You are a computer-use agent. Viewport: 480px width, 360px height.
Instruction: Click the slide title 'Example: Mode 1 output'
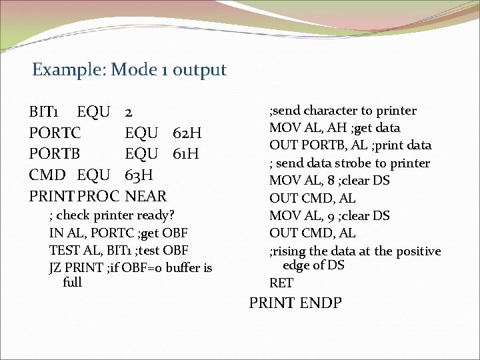pyautogui.click(x=129, y=69)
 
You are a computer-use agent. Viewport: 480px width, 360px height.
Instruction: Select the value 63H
pyautogui.click(x=139, y=175)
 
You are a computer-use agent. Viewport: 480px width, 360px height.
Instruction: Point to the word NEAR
pyautogui.click(x=146, y=196)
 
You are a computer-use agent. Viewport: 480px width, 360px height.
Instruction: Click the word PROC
pyautogui.click(x=98, y=196)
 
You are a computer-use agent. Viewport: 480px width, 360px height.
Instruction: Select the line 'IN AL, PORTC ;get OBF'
pyautogui.click(x=118, y=233)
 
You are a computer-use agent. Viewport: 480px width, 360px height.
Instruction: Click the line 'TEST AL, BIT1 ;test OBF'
pyautogui.click(x=119, y=250)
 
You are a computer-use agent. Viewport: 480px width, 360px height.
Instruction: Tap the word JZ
pyautogui.click(x=55, y=267)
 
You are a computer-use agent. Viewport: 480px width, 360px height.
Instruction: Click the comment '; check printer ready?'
pyautogui.click(x=111, y=215)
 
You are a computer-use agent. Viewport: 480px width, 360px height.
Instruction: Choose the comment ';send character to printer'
pyautogui.click(x=343, y=111)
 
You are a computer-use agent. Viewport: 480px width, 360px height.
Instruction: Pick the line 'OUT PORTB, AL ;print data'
pyautogui.click(x=350, y=145)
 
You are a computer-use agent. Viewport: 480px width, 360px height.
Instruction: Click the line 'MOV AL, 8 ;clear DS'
pyautogui.click(x=329, y=181)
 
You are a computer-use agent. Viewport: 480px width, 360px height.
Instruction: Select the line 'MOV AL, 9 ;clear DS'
pyautogui.click(x=329, y=215)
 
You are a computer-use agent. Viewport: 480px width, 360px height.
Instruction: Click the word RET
pyautogui.click(x=281, y=283)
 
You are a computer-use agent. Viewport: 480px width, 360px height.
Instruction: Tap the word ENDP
pyautogui.click(x=321, y=303)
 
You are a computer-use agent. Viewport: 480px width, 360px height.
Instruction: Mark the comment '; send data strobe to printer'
pyautogui.click(x=349, y=163)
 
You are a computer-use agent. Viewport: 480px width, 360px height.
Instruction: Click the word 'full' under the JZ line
pyautogui.click(x=72, y=282)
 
